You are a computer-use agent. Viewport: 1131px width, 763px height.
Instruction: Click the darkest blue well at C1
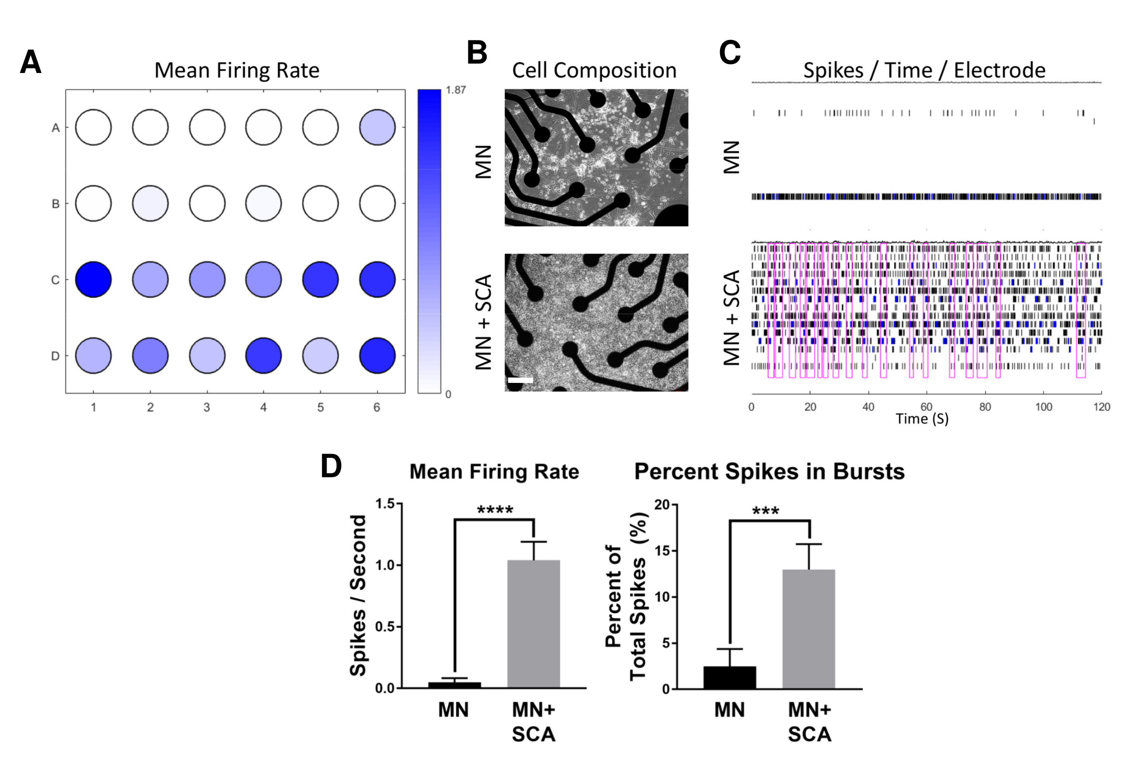tap(93, 280)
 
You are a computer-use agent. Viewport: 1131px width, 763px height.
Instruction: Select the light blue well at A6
tap(377, 128)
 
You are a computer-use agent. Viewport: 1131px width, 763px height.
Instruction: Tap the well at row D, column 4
tap(263, 356)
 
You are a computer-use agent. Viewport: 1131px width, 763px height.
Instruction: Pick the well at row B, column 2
tap(150, 203)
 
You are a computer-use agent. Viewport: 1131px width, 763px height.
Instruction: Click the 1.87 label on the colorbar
tap(456, 90)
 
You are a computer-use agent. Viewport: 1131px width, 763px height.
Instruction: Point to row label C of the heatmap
tap(56, 280)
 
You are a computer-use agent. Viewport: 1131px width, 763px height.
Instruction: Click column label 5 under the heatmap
tap(320, 407)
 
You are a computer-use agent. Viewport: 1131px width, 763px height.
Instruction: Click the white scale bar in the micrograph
tap(520, 380)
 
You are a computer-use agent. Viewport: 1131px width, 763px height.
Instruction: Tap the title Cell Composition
tap(594, 71)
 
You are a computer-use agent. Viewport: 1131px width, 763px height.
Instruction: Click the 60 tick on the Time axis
tap(926, 407)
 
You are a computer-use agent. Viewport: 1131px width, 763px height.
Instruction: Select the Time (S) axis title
tap(922, 419)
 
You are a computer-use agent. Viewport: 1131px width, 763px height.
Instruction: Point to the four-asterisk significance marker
tap(495, 510)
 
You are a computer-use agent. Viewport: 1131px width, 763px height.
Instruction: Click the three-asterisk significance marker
tap(765, 511)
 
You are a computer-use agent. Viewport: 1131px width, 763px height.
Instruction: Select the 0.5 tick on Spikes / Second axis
tap(386, 627)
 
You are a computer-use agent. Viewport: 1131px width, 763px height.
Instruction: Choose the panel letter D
tap(331, 466)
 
